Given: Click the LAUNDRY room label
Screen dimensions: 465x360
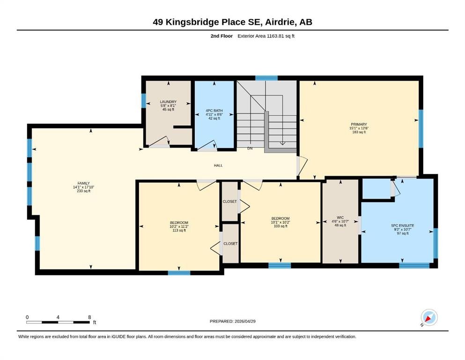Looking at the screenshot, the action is [168, 102].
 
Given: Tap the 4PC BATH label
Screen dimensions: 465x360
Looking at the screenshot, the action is [214, 111].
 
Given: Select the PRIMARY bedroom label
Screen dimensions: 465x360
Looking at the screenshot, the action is [359, 124].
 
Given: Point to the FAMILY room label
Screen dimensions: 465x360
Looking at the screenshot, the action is [84, 183].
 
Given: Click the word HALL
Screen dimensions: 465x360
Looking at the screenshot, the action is [218, 165].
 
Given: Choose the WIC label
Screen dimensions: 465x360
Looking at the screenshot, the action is [340, 217].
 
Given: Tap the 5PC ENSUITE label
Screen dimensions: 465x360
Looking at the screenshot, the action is [402, 225].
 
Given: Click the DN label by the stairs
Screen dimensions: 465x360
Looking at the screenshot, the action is [250, 148].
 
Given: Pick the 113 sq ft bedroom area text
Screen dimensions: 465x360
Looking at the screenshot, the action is [179, 230].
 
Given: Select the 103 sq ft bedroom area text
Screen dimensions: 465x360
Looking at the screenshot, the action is [280, 226].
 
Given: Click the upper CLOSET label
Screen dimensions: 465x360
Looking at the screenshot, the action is [230, 202].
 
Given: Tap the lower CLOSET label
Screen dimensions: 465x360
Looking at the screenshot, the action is [230, 244].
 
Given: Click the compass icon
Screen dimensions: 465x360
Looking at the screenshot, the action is [429, 318].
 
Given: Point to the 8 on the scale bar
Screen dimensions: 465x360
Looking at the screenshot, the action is [89, 317].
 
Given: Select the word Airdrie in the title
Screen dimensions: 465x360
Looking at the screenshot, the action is [280, 22].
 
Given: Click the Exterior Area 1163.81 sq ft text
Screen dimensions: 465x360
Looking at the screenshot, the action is [266, 36].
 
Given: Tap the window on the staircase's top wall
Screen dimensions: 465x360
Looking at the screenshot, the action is [266, 78].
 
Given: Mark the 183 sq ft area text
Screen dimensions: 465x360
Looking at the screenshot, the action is [359, 132].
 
